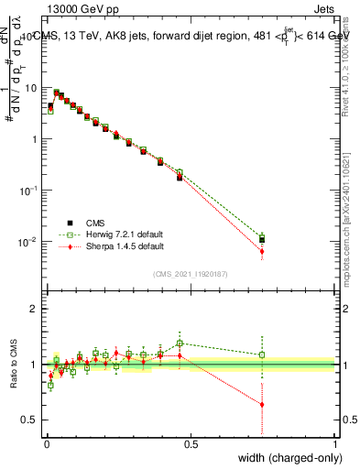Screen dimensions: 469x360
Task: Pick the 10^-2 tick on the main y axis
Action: [x=29, y=242]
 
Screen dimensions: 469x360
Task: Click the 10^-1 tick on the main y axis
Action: [x=29, y=191]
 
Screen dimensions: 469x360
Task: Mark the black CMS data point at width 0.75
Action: [x=262, y=239]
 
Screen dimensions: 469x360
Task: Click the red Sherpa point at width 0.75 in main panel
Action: [x=262, y=251]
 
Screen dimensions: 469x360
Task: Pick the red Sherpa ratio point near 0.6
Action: [x=262, y=404]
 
